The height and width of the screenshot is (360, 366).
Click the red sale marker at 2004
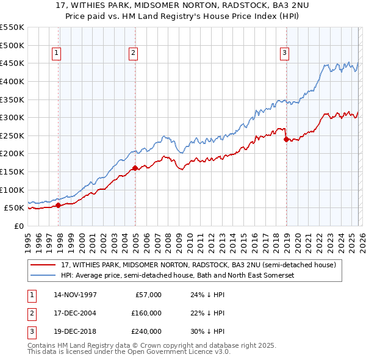pos(135,168)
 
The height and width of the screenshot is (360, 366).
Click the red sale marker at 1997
pos(59,205)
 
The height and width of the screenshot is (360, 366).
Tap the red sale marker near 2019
pos(286,139)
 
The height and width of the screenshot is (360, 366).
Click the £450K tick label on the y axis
pos(12,63)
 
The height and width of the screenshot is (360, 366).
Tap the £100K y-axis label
pos(12,190)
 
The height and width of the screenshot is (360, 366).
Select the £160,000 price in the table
pos(146,313)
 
